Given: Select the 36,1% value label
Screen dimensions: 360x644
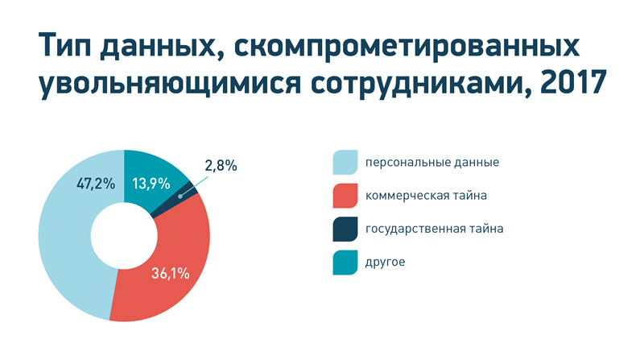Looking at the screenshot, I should (x=171, y=273).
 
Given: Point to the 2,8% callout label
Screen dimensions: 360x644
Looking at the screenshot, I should (x=221, y=166).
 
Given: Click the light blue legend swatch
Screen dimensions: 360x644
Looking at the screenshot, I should (x=345, y=162).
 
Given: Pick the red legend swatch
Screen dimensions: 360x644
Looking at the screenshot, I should (x=345, y=196).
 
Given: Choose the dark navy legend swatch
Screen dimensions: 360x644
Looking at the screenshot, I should (x=345, y=229).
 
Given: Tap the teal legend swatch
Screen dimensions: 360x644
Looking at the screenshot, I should (x=345, y=263).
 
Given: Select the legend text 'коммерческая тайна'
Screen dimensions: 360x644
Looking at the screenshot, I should (x=426, y=196).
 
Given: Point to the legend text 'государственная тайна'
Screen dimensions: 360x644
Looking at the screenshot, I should (x=434, y=230).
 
